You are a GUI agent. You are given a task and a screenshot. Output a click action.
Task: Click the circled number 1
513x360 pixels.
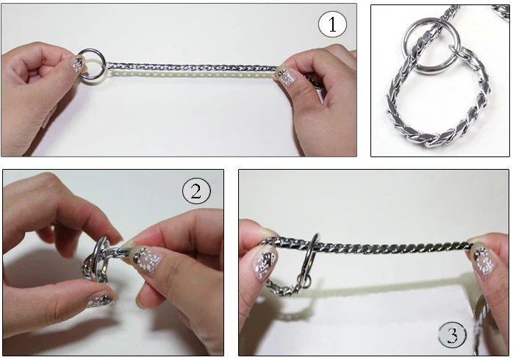coord(332,24)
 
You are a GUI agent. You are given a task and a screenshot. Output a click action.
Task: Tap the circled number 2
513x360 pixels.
coord(196,191)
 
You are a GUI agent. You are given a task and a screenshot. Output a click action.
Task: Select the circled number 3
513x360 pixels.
coord(453,335)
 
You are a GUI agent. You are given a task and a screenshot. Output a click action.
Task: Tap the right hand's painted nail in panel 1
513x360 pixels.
coord(285,77)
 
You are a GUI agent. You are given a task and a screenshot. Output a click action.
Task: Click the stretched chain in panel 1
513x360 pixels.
coord(191,68)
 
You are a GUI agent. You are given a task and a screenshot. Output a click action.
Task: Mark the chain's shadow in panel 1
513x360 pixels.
coord(191,74)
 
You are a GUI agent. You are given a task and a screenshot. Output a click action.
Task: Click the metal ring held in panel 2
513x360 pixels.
coord(98,255)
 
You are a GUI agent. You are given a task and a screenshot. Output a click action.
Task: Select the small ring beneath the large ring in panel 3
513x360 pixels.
coord(304,281)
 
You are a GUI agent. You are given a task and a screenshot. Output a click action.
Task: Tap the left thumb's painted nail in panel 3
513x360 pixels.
coord(265,262)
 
